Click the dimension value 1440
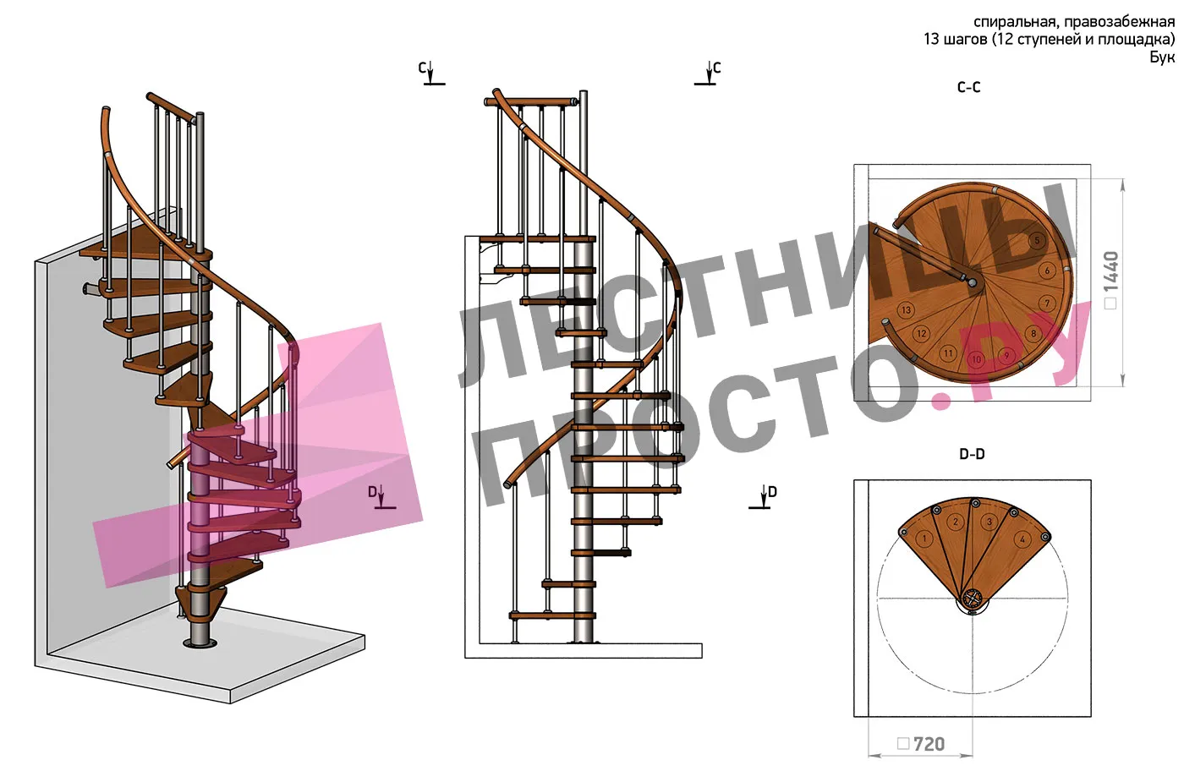click(1110, 271)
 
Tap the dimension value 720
click(929, 744)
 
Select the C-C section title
click(969, 87)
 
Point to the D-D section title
click(972, 454)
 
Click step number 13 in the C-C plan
click(907, 309)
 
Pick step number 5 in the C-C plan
click(1037, 240)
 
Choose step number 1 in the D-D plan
click(924, 539)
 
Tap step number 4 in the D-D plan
click(1022, 539)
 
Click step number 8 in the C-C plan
click(1033, 333)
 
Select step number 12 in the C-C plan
click(921, 333)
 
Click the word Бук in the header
click(1162, 57)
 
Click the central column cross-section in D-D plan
click(972, 599)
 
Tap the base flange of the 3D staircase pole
click(200, 643)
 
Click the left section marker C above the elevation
click(430, 73)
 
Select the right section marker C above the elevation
click(708, 73)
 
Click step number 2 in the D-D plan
click(955, 522)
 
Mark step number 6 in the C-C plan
click(1047, 271)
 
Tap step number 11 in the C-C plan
click(948, 353)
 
